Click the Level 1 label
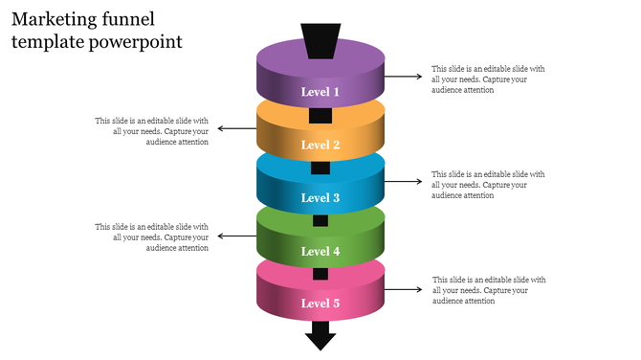320,92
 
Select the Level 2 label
320,145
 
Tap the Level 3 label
320,198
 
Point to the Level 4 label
320,251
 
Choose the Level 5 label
320,304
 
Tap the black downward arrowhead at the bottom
320,336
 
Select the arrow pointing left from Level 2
237,128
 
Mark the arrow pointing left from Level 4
237,236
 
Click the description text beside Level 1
488,79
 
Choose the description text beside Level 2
153,131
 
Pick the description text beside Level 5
488,290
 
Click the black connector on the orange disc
320,116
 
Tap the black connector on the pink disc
320,274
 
